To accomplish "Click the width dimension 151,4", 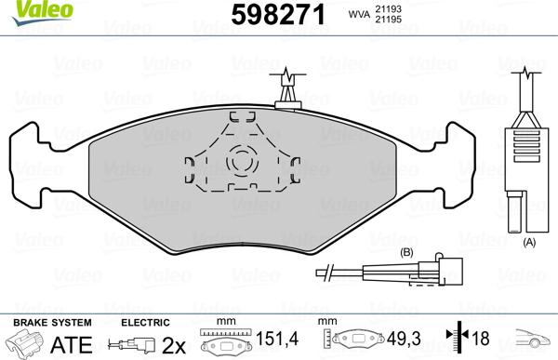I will click(x=276, y=340).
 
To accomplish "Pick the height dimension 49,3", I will click(x=400, y=340).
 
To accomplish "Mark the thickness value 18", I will click(x=480, y=340).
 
